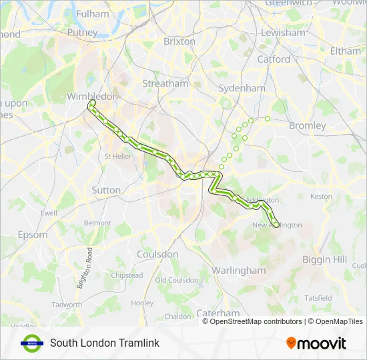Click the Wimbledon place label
tap(92, 97)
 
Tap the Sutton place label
tap(106, 190)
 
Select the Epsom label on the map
tap(33, 235)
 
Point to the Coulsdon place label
tap(157, 254)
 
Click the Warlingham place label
tap(238, 270)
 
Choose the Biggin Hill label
tap(324, 259)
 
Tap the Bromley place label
tap(307, 125)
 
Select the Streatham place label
tap(165, 83)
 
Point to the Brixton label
tap(179, 41)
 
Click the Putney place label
tap(82, 32)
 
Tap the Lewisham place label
tap(283, 32)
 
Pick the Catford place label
tap(274, 59)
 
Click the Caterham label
tap(218, 313)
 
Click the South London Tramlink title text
tap(104, 343)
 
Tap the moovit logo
tap(316, 343)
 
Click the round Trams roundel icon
tap(31, 343)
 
